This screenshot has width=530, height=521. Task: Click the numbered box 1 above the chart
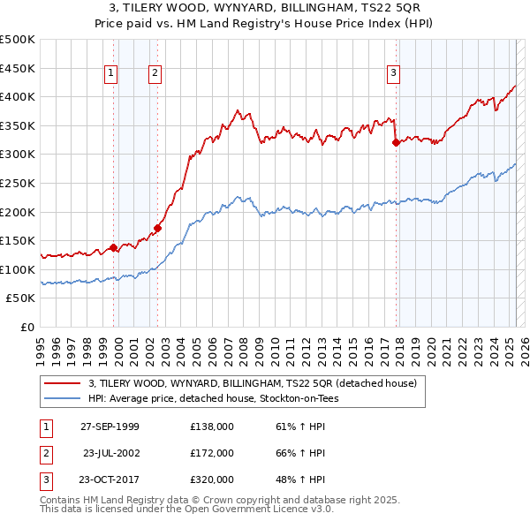[x=112, y=74]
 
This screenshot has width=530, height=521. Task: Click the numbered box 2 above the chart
[x=155, y=74]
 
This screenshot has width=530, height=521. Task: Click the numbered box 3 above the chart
[x=393, y=74]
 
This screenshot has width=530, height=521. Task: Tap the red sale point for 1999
[x=114, y=247]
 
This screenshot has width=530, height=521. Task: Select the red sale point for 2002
[x=157, y=228]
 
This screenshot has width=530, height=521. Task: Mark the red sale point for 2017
[x=396, y=142]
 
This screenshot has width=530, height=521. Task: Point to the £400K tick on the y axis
[x=18, y=97]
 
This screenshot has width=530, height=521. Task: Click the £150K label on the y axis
[x=18, y=240]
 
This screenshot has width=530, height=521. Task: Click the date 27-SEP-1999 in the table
[x=110, y=427]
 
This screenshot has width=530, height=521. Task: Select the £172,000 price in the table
[x=212, y=453]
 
